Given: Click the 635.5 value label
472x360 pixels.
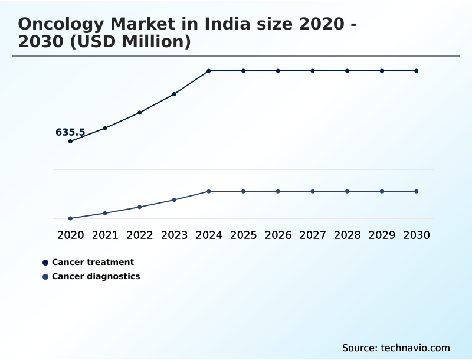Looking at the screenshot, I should [x=70, y=133].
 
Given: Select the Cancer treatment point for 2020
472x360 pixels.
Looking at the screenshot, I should [x=70, y=142].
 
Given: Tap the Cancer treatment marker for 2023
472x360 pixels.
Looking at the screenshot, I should [x=174, y=94].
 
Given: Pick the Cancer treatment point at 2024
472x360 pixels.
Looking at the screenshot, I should [x=209, y=71].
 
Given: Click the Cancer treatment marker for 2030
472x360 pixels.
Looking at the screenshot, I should [x=417, y=71].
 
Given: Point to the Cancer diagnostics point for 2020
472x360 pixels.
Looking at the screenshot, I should [x=70, y=218].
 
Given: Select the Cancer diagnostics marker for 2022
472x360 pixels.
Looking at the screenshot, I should [x=140, y=207].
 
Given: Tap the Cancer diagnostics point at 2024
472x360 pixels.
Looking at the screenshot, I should [x=209, y=191].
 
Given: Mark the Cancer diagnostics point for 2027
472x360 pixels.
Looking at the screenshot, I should [x=313, y=191].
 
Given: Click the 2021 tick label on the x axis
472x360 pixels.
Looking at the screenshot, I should [x=105, y=235].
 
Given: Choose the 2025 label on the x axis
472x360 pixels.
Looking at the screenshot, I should [x=243, y=235].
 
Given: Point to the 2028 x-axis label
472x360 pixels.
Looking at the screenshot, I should [x=347, y=235].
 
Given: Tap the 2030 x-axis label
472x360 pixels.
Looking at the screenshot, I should [x=417, y=235].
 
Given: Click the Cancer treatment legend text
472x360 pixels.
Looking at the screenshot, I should [x=93, y=262].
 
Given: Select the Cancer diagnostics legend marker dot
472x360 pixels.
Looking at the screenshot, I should [x=45, y=276].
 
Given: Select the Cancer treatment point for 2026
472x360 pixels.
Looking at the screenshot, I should [x=278, y=71].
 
